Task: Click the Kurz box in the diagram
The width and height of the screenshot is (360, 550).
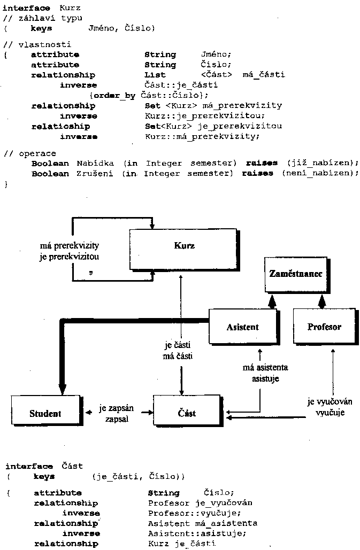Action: (183, 246)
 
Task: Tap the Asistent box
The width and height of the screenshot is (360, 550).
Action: (242, 327)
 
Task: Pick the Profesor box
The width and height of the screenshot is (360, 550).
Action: (324, 327)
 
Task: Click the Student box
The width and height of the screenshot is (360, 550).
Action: (45, 413)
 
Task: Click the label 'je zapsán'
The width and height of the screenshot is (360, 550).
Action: (116, 409)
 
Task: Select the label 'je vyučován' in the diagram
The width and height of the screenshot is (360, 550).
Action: (325, 402)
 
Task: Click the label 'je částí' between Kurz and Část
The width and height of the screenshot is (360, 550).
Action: (179, 345)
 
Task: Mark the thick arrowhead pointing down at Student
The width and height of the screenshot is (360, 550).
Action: (62, 390)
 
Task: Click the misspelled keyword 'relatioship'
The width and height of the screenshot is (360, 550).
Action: (60, 126)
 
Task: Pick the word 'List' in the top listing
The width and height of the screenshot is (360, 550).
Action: (155, 75)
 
